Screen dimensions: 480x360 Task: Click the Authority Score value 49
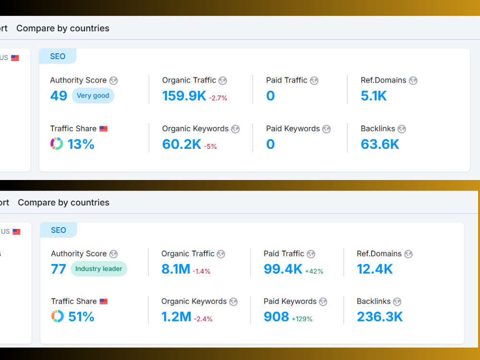coord(59,96)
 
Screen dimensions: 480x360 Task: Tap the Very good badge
coord(93,96)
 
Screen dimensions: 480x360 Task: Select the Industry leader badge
coord(98,269)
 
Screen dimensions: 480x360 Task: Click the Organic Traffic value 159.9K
coord(184,96)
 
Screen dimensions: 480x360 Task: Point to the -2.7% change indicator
coord(218,98)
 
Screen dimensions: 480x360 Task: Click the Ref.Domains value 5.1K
coord(373,96)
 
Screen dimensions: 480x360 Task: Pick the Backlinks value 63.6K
coord(380,144)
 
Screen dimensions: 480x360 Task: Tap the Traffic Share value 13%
coord(81,144)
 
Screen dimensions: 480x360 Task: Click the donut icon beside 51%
coord(57,316)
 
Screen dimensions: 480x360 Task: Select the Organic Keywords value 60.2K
coord(181,144)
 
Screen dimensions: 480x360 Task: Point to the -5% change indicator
coord(210,146)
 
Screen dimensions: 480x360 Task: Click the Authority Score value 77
coord(59,269)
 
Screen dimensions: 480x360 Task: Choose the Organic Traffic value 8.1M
coord(176,269)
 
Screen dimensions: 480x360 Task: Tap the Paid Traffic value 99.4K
coord(283,269)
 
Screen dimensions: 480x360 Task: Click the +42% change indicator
coord(314,271)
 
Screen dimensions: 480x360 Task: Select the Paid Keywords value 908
coord(276,317)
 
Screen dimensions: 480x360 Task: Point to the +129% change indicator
coord(302,319)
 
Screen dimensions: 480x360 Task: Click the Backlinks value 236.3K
coord(380,317)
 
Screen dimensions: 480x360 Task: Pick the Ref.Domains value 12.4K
coord(375,269)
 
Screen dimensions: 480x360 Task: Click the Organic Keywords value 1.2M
coord(176,317)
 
